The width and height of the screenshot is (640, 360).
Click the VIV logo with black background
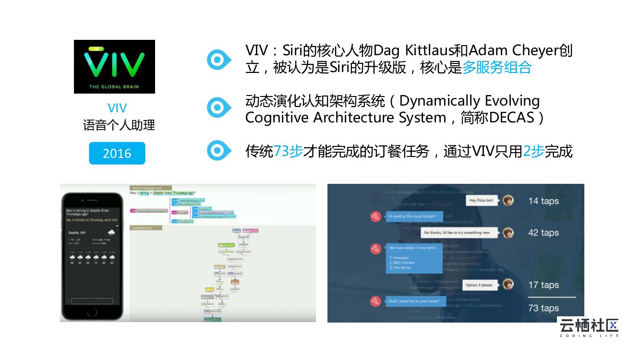[x=114, y=67]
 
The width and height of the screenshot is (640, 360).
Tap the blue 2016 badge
[x=117, y=153]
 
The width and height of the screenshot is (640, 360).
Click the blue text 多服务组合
[x=497, y=67]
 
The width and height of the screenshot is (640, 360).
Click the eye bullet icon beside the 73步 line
[x=218, y=151]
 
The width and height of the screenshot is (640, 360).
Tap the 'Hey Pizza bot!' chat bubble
[x=482, y=201]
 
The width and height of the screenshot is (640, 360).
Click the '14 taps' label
[x=543, y=201]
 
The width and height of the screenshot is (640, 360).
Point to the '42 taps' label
[x=543, y=233]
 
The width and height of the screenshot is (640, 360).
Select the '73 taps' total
[x=543, y=308]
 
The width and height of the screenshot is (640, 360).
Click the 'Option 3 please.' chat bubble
[x=479, y=285]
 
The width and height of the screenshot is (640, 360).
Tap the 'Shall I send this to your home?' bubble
[x=413, y=301]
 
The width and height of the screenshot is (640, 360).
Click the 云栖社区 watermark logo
[x=589, y=326]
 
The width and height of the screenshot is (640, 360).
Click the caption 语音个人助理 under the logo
[x=119, y=126]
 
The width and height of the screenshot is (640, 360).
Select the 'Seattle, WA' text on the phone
[x=76, y=233]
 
